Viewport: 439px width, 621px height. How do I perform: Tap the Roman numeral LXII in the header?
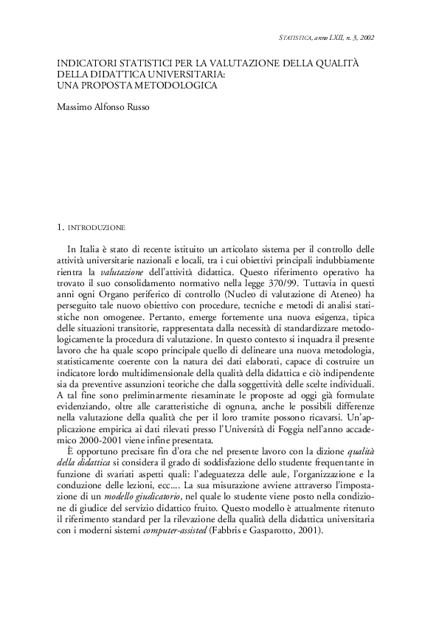339,37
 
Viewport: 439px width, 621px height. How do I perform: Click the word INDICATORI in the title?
87,64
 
